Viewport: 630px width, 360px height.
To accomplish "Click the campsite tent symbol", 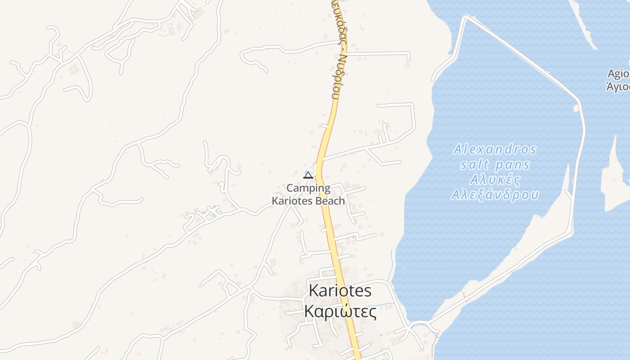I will click(x=308, y=175).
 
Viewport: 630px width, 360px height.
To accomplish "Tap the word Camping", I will click(x=308, y=188).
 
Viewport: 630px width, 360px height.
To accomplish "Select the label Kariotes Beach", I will click(x=308, y=201).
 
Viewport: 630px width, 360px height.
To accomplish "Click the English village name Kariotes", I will click(x=340, y=291).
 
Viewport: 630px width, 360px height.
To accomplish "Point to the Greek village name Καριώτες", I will click(x=340, y=311).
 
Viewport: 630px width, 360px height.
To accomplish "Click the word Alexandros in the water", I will click(x=495, y=149).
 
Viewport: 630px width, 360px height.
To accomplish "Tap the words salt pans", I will click(x=495, y=164).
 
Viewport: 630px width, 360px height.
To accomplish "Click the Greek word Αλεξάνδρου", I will click(x=495, y=195).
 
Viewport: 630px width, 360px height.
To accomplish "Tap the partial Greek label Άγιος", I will click(x=619, y=87).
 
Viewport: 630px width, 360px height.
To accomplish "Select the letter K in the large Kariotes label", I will click(x=314, y=291).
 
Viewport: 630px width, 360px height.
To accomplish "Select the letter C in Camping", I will click(x=290, y=188).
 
